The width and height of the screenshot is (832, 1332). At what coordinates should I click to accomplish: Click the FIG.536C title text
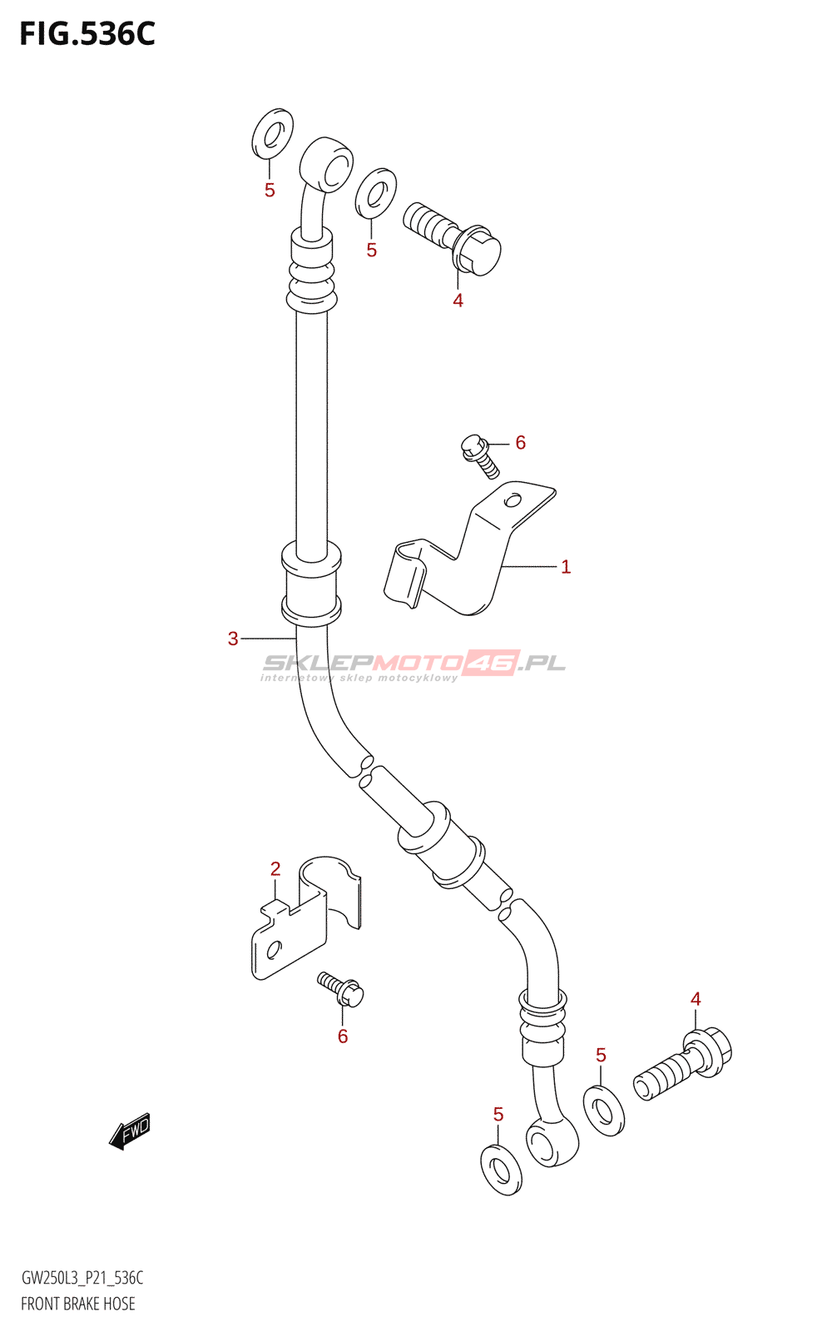click(87, 34)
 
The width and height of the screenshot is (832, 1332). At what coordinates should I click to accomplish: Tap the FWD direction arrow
click(130, 1131)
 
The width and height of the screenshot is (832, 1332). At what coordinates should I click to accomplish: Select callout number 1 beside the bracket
click(566, 567)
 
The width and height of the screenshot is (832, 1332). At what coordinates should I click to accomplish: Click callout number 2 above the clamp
click(275, 869)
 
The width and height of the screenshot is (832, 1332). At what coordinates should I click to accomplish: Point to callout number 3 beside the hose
click(233, 639)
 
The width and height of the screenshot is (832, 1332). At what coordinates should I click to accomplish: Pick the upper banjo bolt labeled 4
click(453, 236)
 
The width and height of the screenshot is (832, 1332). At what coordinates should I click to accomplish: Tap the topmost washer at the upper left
click(272, 133)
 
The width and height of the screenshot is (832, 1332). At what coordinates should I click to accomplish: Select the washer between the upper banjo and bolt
click(375, 193)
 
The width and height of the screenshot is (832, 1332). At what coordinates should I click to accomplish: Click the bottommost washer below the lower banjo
click(501, 1170)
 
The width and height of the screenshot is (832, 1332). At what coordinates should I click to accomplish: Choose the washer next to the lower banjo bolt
click(604, 1111)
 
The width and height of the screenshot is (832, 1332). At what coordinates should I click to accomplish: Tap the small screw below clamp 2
click(341, 988)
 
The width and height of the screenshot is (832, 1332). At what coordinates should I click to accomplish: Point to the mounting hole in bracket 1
click(513, 500)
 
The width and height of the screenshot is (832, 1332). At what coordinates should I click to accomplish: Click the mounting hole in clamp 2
click(274, 947)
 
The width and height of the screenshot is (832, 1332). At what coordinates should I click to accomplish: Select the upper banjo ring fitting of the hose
click(327, 165)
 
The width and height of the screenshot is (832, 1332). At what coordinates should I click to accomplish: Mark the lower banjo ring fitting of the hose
click(552, 1141)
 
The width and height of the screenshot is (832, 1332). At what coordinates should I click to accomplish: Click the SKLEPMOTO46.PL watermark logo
click(414, 664)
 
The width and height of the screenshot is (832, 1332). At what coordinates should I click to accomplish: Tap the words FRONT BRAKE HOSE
click(78, 1304)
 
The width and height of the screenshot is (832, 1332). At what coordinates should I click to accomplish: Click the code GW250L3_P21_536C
click(82, 1278)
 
